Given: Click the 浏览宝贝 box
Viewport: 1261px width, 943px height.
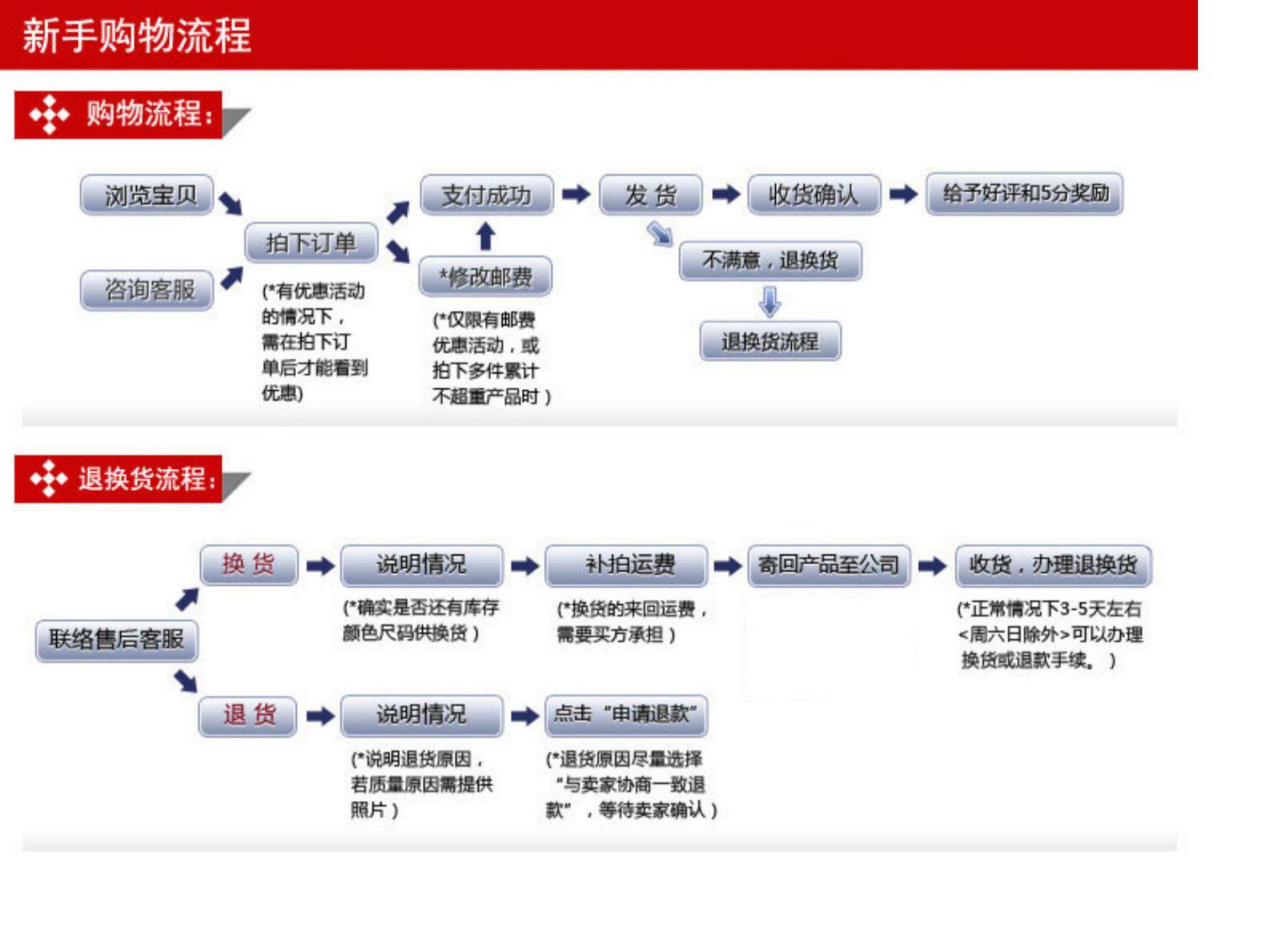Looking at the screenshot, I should (147, 195).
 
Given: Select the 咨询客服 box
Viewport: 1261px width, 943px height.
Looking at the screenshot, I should (147, 291).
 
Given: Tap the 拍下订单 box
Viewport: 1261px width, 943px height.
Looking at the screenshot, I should (311, 243).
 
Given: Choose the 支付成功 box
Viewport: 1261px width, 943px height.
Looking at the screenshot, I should (487, 195).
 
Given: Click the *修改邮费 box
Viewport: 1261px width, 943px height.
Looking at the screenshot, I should (485, 277).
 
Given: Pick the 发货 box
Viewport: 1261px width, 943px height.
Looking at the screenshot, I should (650, 195).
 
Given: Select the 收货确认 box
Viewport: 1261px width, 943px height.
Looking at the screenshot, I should (814, 195).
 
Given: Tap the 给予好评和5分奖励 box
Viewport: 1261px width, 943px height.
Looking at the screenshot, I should (1025, 194).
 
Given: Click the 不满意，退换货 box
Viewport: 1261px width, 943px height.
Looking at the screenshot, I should (770, 261).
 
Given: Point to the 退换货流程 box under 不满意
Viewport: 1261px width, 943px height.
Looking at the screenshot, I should (770, 341).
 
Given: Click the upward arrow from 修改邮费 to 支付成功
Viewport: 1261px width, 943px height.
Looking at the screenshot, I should (485, 236).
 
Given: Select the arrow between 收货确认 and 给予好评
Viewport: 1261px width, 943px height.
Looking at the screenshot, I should (903, 194).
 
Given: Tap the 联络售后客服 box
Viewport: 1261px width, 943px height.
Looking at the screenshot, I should (116, 640).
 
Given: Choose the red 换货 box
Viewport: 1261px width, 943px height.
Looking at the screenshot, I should (249, 565).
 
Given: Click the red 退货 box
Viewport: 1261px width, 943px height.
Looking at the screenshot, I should (248, 716).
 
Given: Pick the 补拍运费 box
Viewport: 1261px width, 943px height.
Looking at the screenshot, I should (626, 565).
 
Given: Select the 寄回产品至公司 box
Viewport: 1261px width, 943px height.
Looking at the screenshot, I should (829, 565).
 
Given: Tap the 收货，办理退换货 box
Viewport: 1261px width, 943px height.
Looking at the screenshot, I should (1053, 565).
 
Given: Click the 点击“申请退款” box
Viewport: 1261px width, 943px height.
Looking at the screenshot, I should (626, 714).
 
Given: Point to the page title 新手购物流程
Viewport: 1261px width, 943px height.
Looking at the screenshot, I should (137, 36).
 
